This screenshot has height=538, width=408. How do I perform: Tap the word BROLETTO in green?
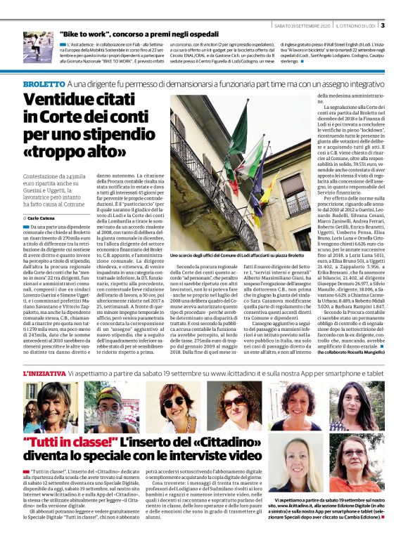(x=45, y=84)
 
